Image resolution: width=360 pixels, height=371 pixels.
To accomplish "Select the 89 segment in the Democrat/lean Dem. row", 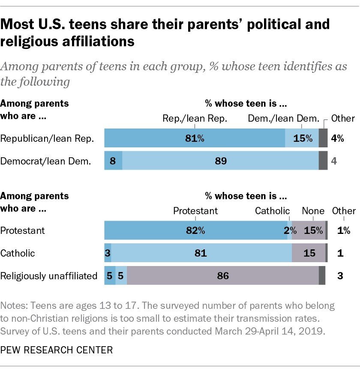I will pyautogui.click(x=220, y=161).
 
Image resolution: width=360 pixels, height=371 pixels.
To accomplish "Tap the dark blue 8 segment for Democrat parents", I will pyautogui.click(x=113, y=161).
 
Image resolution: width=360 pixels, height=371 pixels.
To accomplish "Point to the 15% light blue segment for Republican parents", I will pyautogui.click(x=302, y=138).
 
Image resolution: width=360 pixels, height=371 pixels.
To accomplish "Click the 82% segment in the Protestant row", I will pyautogui.click(x=195, y=230).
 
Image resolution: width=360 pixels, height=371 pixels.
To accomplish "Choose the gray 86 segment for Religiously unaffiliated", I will pyautogui.click(x=223, y=276).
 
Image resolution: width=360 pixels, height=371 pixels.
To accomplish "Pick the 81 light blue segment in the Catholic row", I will pyautogui.click(x=201, y=253).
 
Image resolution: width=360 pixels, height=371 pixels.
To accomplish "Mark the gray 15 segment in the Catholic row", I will pyautogui.click(x=308, y=253).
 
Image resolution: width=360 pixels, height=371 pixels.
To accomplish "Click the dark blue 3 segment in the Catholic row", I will pyautogui.click(x=107, y=253).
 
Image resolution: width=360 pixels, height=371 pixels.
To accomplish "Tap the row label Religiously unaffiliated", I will pyautogui.click(x=49, y=276).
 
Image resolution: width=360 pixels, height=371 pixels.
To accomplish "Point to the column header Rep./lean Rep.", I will pyautogui.click(x=195, y=119).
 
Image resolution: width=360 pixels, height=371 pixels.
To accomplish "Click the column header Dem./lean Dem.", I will pyautogui.click(x=284, y=119).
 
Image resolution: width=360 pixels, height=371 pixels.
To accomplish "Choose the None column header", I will pyautogui.click(x=313, y=211).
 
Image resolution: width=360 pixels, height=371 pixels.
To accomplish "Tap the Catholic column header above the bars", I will pyautogui.click(x=272, y=211).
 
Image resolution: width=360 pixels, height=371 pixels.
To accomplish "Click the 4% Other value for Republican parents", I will pyautogui.click(x=337, y=138).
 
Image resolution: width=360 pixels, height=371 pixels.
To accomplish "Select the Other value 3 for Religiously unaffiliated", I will pyautogui.click(x=340, y=276).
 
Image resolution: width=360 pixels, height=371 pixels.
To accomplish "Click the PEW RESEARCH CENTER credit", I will pyautogui.click(x=57, y=350).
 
